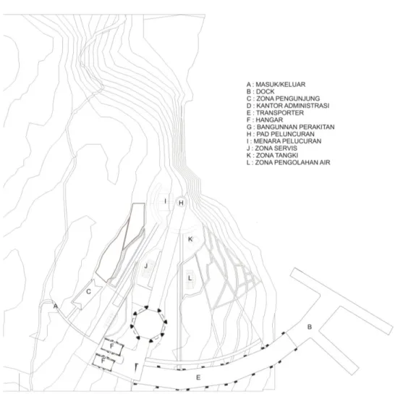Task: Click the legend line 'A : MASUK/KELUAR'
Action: click(276, 84)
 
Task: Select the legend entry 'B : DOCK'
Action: click(260, 91)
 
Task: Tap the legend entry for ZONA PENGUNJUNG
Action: click(283, 99)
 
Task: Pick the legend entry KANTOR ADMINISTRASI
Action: click(288, 106)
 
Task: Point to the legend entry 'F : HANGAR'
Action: click(265, 120)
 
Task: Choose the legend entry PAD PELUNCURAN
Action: click(280, 134)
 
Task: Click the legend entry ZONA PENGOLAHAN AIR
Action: click(288, 162)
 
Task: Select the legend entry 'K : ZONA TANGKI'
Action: click(272, 155)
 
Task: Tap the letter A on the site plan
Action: click(56, 306)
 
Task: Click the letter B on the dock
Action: click(310, 327)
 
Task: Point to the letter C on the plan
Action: click(88, 292)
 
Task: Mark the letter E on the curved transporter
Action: click(198, 377)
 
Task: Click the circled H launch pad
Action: click(182, 203)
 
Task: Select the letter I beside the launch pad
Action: click(166, 201)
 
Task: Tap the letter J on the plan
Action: click(146, 266)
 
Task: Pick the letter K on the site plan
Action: click(190, 239)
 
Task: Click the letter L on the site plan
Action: click(190, 278)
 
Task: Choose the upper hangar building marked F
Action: click(112, 347)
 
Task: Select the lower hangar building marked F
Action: click(103, 361)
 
